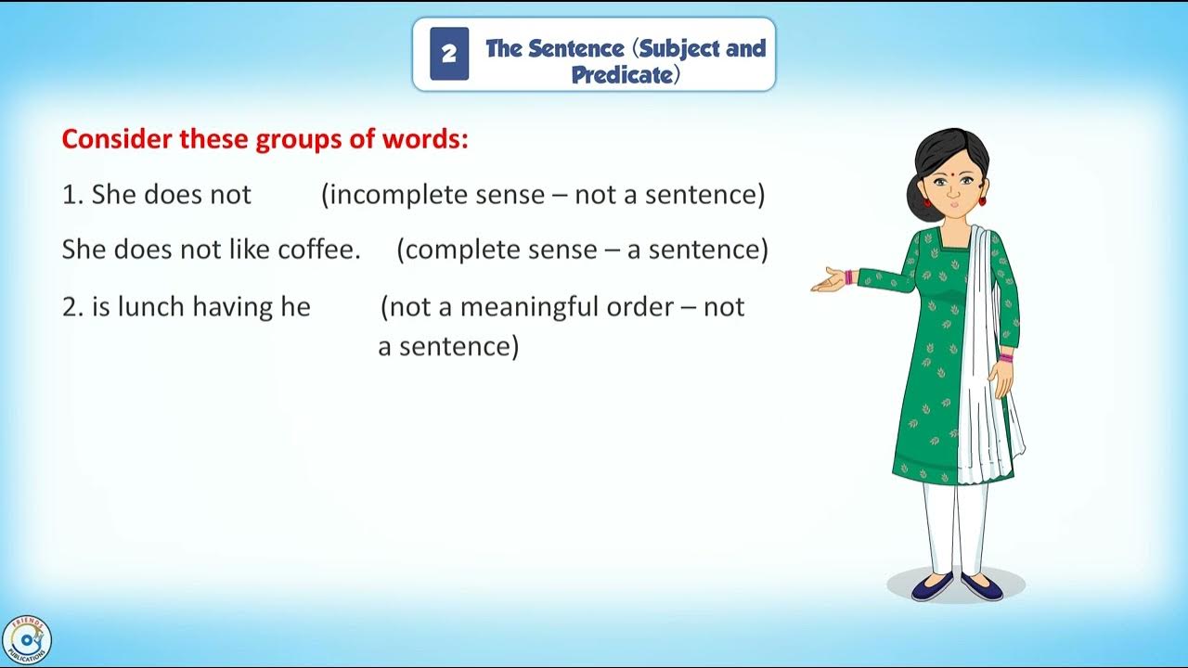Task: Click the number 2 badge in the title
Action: coord(449,54)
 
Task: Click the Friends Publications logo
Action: coord(26,641)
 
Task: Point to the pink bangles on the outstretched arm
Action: coord(848,276)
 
